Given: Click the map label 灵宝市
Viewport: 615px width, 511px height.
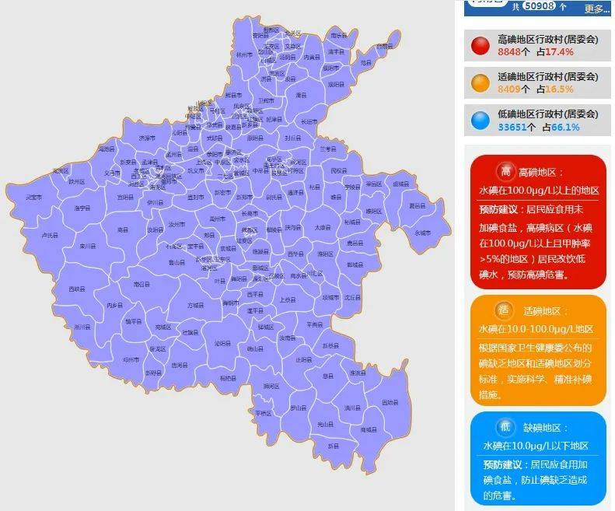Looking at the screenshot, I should coord(33,198).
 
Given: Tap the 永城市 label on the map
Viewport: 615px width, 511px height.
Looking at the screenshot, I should coord(422,233).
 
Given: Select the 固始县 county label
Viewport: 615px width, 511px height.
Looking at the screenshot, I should coord(390,402).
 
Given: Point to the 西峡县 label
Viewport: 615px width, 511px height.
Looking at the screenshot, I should coord(76,289).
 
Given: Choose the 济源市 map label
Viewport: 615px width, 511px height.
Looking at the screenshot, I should coord(146,138).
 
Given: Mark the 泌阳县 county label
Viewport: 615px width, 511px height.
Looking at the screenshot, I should coord(222,343).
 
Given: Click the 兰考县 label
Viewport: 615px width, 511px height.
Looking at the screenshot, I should coord(327,149).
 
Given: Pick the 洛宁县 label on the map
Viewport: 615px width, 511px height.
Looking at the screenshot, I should coord(82,208).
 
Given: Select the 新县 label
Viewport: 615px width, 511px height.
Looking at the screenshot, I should coord(333,446).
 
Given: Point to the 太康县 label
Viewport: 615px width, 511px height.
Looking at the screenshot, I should coord(323,228).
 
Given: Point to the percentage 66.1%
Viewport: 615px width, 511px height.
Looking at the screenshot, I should coord(566,127).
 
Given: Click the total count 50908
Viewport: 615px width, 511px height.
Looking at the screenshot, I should coord(538,6).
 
